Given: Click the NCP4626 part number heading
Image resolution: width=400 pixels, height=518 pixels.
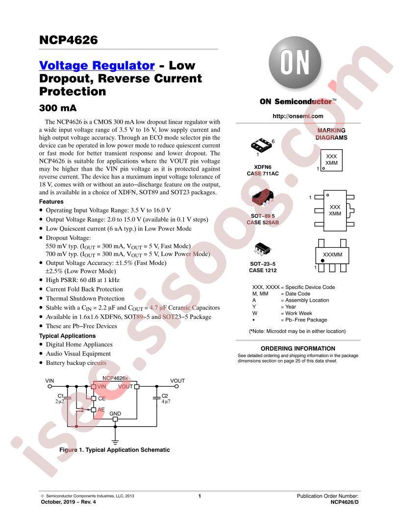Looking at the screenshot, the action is [x=68, y=40].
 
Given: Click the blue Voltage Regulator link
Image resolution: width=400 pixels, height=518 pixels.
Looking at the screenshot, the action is [x=97, y=65].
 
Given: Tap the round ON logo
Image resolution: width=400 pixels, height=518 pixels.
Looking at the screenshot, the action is [x=295, y=62].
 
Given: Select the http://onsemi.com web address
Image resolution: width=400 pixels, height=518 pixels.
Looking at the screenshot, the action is [x=298, y=116].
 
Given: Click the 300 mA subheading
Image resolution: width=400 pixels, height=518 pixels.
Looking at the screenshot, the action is [x=58, y=108].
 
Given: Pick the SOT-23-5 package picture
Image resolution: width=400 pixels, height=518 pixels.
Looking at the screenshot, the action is [x=263, y=249].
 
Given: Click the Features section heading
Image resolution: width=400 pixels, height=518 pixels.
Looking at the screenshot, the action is [x=51, y=202].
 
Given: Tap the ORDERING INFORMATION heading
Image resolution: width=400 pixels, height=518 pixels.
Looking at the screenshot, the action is [x=298, y=348].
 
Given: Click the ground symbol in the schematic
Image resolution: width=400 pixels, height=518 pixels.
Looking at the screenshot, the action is [x=115, y=442].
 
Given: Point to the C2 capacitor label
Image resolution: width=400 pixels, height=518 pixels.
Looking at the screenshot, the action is [x=165, y=396].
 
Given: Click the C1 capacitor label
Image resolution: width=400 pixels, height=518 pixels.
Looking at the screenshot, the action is [x=61, y=396].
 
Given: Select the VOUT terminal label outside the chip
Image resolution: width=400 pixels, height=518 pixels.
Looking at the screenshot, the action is [x=177, y=381].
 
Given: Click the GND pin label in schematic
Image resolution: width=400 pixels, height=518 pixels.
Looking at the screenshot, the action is [x=115, y=414].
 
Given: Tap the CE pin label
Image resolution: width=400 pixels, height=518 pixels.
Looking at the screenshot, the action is [x=101, y=398].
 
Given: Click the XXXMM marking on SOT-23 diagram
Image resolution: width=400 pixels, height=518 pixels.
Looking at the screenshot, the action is [x=332, y=255].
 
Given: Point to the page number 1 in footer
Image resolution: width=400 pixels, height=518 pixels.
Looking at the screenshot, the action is [x=200, y=496].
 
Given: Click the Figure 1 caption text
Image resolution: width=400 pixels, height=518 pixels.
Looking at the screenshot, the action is [x=115, y=450].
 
